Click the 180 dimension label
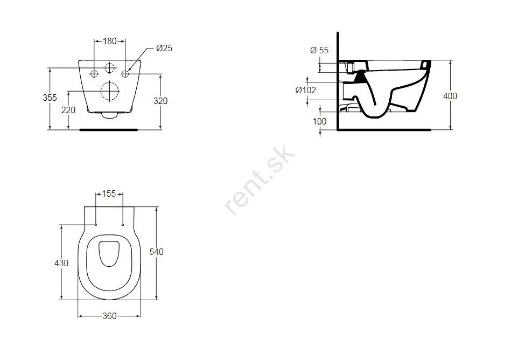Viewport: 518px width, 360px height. click(x=110, y=41)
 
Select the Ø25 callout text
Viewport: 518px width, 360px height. click(x=164, y=48)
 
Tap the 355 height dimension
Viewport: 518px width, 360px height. click(x=50, y=98)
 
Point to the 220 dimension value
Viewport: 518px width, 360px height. click(x=68, y=110)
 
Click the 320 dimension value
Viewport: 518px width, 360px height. click(x=160, y=101)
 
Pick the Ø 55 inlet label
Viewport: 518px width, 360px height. click(x=319, y=50)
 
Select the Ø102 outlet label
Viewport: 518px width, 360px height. click(x=306, y=90)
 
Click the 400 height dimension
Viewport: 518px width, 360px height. click(x=450, y=96)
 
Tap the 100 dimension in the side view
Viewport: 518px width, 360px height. click(x=319, y=121)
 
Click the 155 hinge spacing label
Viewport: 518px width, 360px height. click(x=109, y=193)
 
